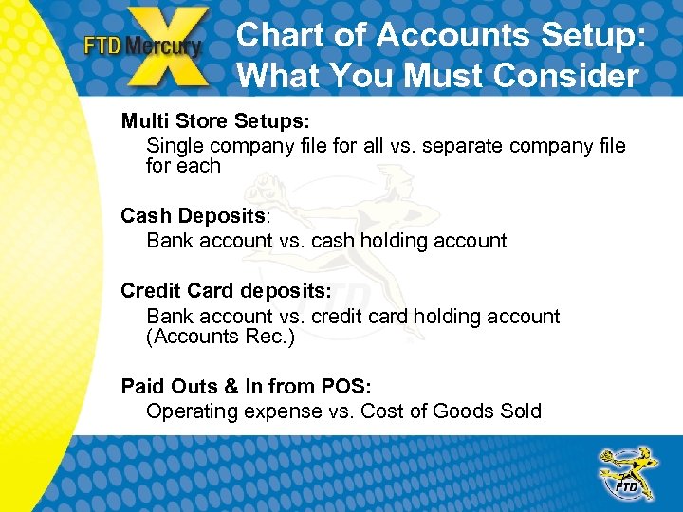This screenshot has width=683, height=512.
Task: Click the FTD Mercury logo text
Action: pos(142,46)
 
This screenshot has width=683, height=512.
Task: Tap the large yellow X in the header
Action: pos(171,47)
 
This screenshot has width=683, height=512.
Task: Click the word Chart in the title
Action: pos(276,35)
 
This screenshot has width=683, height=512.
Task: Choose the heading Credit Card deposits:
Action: pos(226,291)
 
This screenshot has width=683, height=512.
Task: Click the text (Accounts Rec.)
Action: pos(220,337)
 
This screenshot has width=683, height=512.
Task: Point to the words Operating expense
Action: pos(231,411)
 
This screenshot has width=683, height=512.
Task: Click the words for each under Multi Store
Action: pos(183,166)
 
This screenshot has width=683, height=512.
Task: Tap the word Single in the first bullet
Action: pos(175,145)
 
